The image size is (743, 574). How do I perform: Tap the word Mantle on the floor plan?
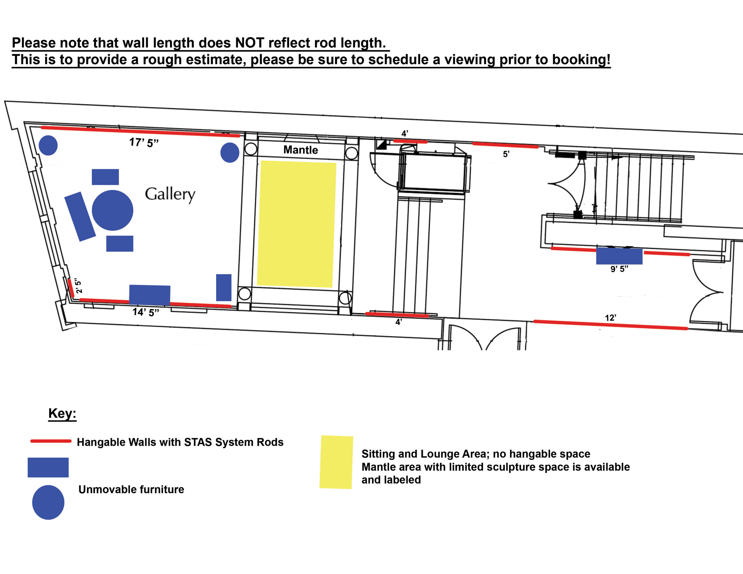point(301,150)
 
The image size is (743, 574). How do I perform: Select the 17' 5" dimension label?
point(144,142)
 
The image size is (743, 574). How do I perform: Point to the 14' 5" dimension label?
point(146,312)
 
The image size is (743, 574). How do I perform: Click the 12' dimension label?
point(610,318)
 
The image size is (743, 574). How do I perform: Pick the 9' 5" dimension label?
point(619,269)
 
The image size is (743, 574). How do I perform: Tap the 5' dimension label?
point(506,154)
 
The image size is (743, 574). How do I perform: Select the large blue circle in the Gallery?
point(112,210)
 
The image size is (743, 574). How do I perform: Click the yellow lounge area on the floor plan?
point(297,224)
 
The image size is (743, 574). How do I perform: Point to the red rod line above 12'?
point(611,325)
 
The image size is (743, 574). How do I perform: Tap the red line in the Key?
point(51,441)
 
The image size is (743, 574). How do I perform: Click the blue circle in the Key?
point(48,502)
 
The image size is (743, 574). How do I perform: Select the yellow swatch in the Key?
point(336,462)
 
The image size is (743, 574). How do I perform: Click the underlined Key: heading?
point(62,414)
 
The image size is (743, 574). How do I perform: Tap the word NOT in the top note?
point(249,43)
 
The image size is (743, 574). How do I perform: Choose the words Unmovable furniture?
point(131,490)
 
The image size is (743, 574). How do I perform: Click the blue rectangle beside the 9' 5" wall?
point(619,256)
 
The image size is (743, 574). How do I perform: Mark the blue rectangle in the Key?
point(48,467)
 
